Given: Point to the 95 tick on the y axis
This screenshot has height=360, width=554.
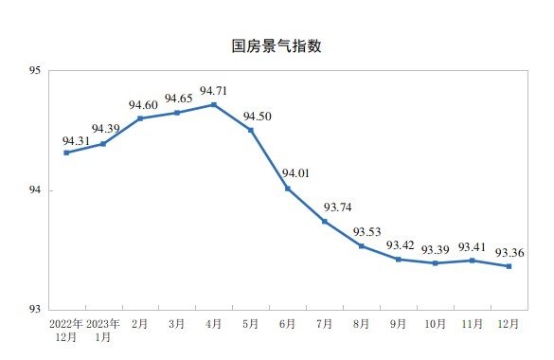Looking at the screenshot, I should point(33,70).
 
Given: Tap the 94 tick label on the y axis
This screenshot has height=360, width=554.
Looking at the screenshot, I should point(33,190).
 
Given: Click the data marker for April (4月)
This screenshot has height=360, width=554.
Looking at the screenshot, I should point(213,104).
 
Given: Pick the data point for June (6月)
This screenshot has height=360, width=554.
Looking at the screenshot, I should point(288,189).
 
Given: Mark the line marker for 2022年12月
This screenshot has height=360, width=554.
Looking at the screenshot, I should point(66,153).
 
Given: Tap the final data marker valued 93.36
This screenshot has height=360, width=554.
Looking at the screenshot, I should point(509,266).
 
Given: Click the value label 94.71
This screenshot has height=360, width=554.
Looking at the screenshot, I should point(214,91).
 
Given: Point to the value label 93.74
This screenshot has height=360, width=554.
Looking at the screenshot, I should point(339,207).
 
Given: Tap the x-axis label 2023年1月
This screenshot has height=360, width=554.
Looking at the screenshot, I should point(103,329).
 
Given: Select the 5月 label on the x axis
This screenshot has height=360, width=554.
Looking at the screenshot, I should point(251,324).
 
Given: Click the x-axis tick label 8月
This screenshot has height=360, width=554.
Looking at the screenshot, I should point(362,324).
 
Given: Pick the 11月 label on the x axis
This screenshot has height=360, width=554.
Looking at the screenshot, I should point(472,324).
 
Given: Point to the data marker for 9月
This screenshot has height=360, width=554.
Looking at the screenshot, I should point(399,259).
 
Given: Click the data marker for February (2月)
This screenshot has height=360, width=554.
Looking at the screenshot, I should point(140,118).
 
